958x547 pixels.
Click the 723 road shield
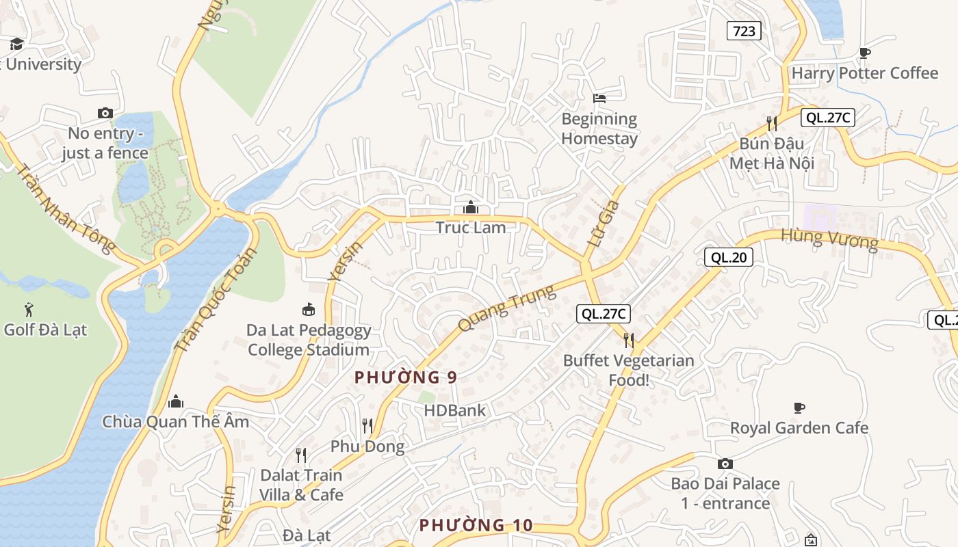[x=744, y=31]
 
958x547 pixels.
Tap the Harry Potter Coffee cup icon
[x=865, y=53]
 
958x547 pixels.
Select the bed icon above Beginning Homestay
[x=599, y=98]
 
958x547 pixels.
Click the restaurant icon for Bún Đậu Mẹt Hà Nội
[x=771, y=123]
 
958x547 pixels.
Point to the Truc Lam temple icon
[x=471, y=206]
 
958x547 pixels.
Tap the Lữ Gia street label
[x=604, y=223]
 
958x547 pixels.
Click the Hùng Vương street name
[x=829, y=239]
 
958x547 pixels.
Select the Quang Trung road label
[x=506, y=308]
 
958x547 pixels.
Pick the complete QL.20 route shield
[x=728, y=257]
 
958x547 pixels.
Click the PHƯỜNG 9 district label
[x=406, y=377]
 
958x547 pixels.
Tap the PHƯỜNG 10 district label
[x=476, y=525]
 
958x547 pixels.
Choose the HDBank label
[x=454, y=410]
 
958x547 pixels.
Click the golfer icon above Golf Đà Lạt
[x=29, y=309]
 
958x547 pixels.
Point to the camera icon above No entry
[x=105, y=113]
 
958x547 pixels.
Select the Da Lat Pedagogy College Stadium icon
[x=309, y=310]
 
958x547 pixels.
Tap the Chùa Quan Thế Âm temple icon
[x=176, y=401]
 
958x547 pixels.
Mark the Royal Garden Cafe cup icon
[x=799, y=408]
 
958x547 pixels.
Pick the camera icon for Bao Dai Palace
[x=725, y=464]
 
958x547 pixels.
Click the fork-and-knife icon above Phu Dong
[x=367, y=426]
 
